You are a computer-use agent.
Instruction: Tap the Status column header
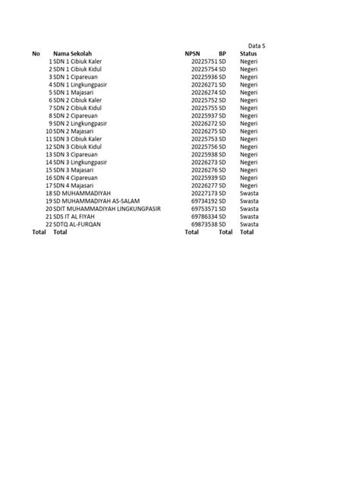point(248,53)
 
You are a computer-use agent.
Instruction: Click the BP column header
point(223,53)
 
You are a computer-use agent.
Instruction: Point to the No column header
point(36,53)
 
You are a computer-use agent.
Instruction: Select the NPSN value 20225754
point(204,69)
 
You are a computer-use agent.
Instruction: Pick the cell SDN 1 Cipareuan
point(75,77)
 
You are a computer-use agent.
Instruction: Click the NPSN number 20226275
point(204,131)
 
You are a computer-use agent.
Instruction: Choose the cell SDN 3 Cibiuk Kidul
point(77,147)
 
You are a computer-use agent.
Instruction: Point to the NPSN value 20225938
point(204,155)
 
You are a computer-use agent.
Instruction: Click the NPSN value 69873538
point(204,225)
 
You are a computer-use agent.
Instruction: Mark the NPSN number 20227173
point(204,194)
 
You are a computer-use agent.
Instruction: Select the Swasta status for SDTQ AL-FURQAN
point(249,225)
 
